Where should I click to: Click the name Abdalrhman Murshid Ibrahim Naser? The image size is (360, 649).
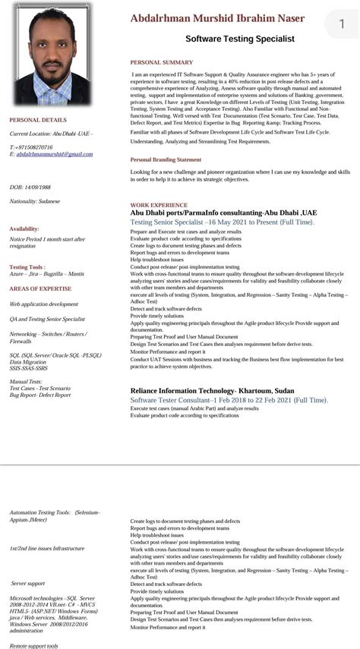[x=216, y=18]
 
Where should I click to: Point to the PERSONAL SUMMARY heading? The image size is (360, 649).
[x=161, y=62]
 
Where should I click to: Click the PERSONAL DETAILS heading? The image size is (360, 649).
[x=38, y=120]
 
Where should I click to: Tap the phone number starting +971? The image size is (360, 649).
[x=31, y=146]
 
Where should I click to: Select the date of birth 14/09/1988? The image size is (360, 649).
[x=30, y=187]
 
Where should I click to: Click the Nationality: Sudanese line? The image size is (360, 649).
[x=35, y=201]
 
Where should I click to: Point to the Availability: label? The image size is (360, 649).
[x=24, y=228]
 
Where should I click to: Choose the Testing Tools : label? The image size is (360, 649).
[x=27, y=267]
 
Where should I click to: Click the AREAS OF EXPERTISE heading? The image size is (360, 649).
[x=41, y=289]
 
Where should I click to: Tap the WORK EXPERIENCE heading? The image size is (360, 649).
[x=158, y=205]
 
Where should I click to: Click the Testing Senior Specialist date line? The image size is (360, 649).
[x=222, y=222]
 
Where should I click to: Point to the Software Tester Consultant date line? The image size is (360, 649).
[x=228, y=399]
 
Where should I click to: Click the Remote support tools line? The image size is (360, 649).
[x=34, y=645]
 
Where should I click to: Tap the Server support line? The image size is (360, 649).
[x=28, y=583]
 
